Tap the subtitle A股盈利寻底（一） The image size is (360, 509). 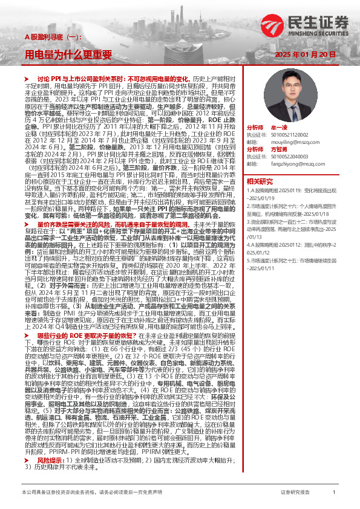pos(47,37)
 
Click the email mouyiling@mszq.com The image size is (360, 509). pos(284,141)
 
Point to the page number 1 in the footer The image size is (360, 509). pos(334,493)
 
